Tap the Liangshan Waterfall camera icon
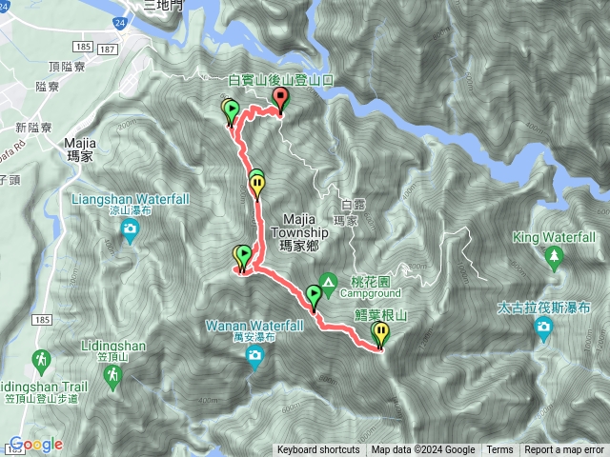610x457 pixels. click(131, 229)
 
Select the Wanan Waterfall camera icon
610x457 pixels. click(254, 356)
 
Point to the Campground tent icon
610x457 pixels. click(329, 282)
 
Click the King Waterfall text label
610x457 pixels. click(554, 235)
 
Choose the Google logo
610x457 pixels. click(36, 445)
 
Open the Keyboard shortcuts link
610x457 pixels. click(318, 450)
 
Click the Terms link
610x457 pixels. click(499, 450)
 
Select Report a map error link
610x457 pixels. click(564, 450)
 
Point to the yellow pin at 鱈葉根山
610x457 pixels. click(381, 334)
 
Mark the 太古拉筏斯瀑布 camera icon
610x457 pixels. click(543, 329)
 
